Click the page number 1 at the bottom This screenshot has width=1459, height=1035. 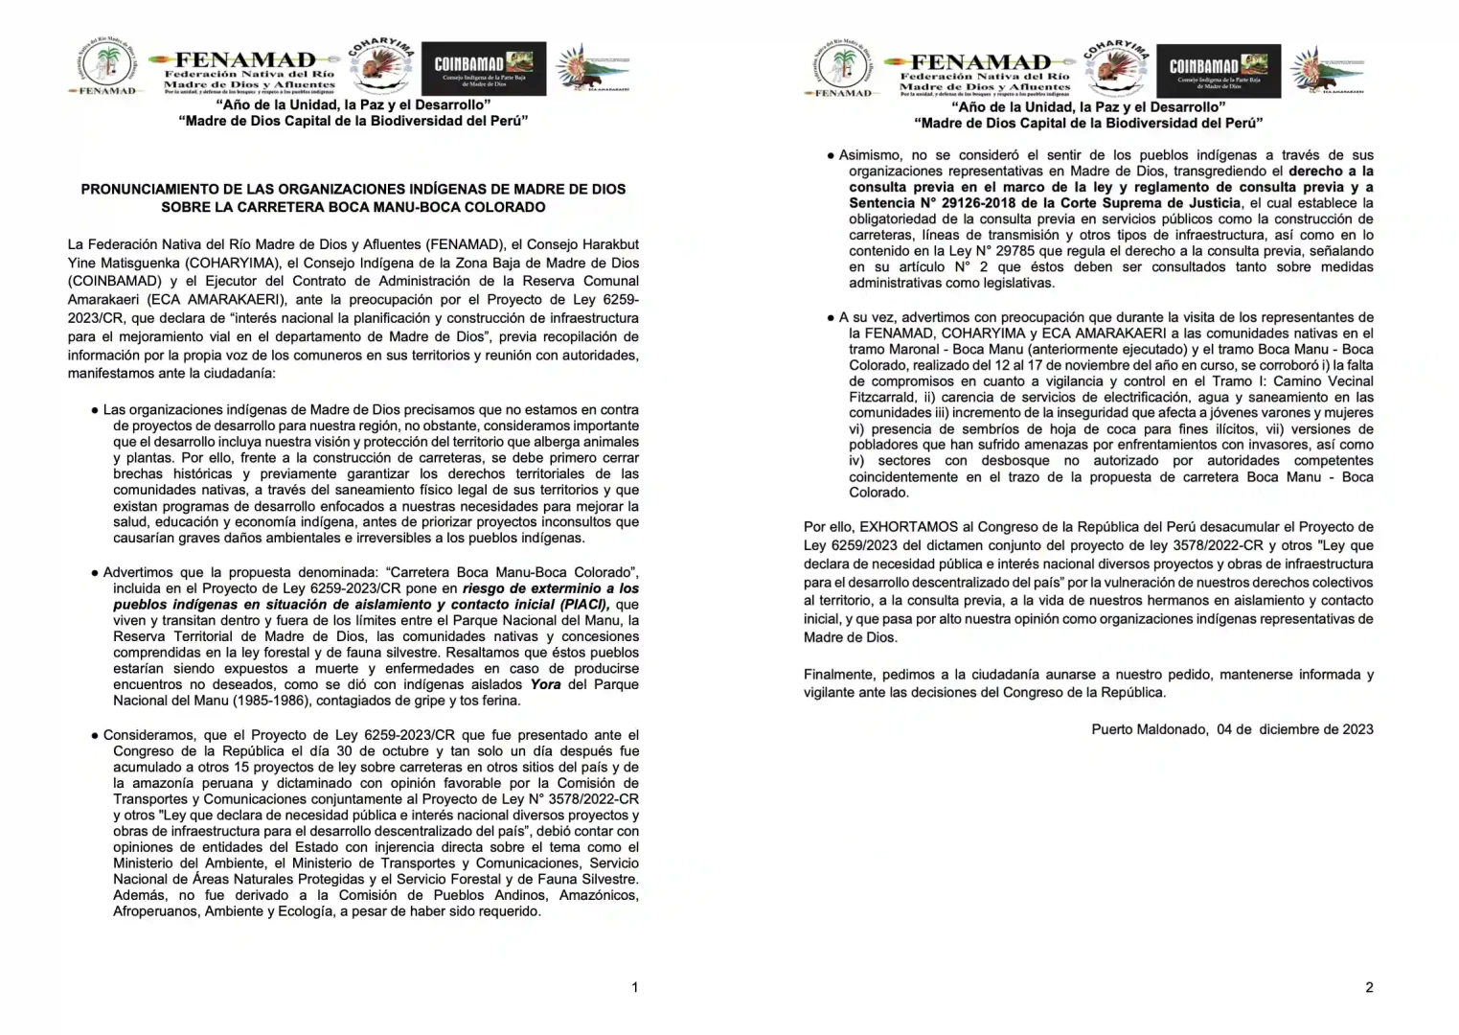[x=634, y=987]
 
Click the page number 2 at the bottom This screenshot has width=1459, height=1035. [x=1369, y=987]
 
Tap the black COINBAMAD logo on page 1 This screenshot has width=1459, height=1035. [x=484, y=68]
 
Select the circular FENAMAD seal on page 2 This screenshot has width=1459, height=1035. [x=842, y=67]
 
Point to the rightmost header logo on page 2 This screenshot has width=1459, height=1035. [x=1327, y=70]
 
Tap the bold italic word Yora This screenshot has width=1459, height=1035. [x=547, y=685]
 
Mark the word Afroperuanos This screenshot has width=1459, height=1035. [x=156, y=911]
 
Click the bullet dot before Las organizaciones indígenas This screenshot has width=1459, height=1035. [x=95, y=410]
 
